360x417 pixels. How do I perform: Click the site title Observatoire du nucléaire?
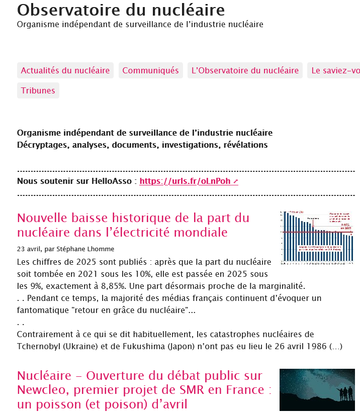[x=121, y=10]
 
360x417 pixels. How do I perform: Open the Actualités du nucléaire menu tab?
[x=65, y=70]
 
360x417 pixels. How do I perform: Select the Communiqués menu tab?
[x=151, y=70]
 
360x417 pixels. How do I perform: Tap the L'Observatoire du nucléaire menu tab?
[x=245, y=70]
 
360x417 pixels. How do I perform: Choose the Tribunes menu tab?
[x=38, y=90]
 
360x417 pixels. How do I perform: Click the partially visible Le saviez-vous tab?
[x=334, y=70]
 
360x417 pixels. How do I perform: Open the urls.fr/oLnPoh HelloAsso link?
[x=189, y=181]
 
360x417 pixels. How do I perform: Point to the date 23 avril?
[x=28, y=249]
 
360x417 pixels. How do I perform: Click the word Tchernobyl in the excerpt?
[x=39, y=346]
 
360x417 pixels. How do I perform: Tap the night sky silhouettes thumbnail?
[x=317, y=389]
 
